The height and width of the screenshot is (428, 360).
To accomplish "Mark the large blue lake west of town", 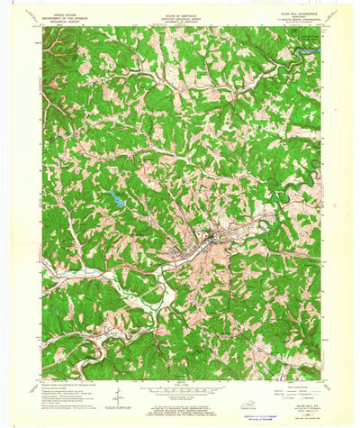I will [116, 201].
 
